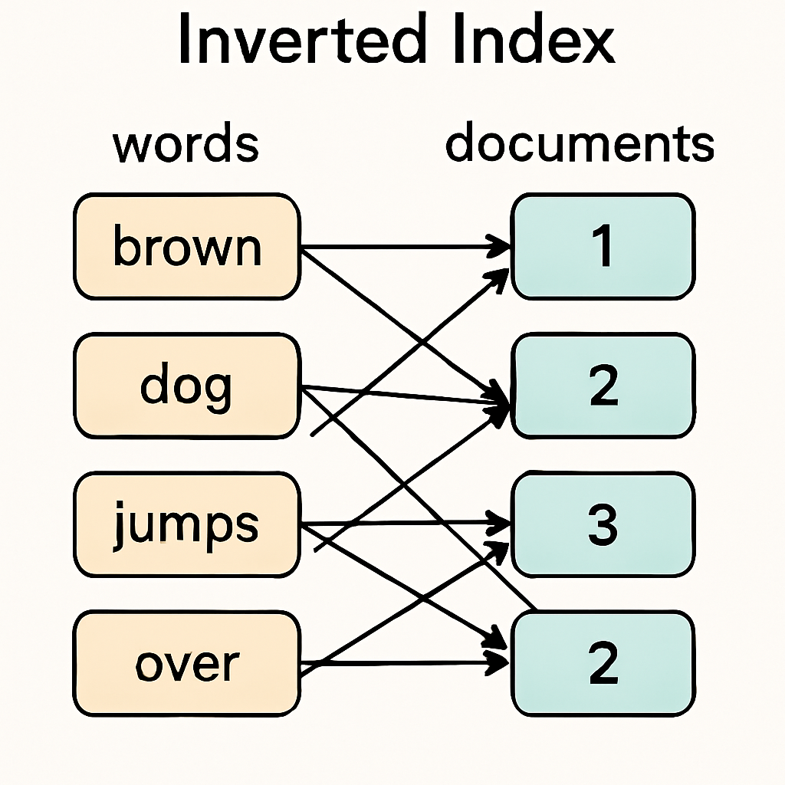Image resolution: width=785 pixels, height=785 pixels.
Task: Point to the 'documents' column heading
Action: click(580, 143)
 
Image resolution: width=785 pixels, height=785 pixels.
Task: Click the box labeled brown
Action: click(186, 247)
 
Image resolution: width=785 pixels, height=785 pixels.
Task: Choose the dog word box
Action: click(186, 386)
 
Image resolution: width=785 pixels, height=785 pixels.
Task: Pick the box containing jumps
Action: click(186, 525)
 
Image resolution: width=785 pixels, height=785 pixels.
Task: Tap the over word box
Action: click(186, 664)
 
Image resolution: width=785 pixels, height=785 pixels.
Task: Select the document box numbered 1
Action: click(603, 247)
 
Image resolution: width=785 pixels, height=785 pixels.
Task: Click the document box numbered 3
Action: click(603, 525)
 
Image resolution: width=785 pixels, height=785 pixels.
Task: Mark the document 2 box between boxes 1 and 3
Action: click(603, 386)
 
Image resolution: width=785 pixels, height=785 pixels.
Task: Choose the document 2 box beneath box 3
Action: click(603, 664)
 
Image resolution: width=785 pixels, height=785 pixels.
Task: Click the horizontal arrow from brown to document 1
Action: click(399, 247)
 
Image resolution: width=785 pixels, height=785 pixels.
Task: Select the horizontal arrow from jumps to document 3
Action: click(399, 524)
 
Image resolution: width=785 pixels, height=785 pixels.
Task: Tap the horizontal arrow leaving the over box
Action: click(399, 662)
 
